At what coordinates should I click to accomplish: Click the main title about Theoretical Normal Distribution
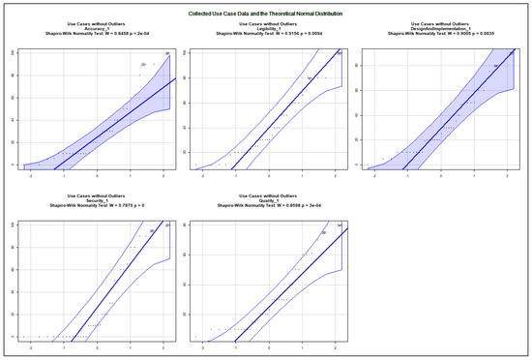266,13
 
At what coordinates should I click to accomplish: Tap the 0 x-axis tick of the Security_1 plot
97,348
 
